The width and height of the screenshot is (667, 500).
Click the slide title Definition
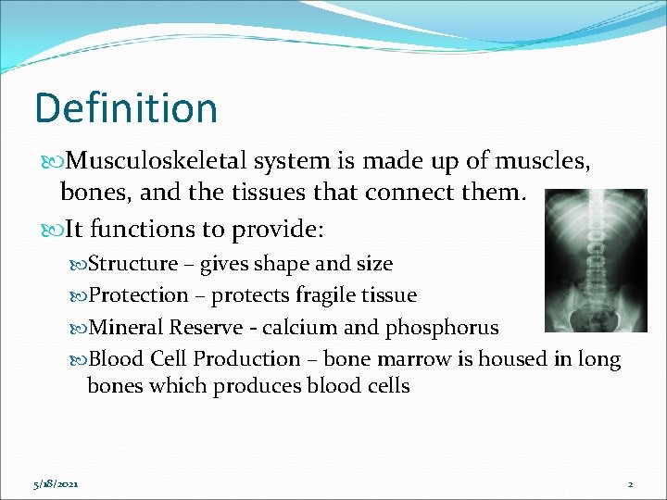point(126,108)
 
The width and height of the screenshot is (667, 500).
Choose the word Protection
point(138,295)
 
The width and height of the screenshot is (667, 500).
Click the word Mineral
point(126,327)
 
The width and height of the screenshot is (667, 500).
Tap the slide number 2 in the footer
point(629,483)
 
